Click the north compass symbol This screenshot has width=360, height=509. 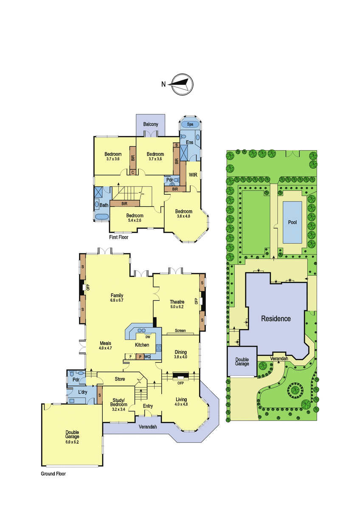point(182,84)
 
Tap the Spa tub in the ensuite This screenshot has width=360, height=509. point(190,124)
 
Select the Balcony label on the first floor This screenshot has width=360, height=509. point(151,124)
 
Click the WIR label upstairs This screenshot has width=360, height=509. point(193,175)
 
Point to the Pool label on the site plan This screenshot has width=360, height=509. point(292,222)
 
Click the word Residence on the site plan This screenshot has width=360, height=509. point(276,319)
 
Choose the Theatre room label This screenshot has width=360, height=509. point(177,302)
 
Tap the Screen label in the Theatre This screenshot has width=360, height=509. point(180,330)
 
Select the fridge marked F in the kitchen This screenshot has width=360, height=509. point(130,357)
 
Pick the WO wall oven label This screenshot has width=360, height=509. point(147,357)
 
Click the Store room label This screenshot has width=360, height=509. point(120,379)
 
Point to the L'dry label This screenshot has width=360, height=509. point(82,392)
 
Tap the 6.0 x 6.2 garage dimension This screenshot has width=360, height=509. point(72,442)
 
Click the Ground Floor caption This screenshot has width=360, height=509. point(53,474)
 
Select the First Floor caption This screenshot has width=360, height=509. point(118,237)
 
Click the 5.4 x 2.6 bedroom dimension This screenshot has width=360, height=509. point(135,220)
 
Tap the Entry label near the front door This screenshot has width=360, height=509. point(148,406)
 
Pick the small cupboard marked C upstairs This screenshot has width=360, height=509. point(133,173)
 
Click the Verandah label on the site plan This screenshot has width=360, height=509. point(279,358)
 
